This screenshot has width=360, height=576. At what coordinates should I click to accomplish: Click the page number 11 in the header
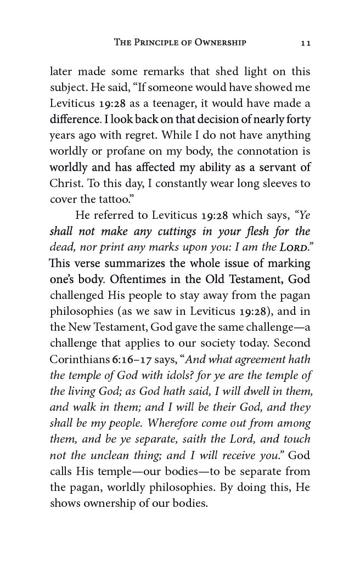(x=306, y=43)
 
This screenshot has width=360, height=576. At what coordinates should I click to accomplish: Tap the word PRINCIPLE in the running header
(x=160, y=42)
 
